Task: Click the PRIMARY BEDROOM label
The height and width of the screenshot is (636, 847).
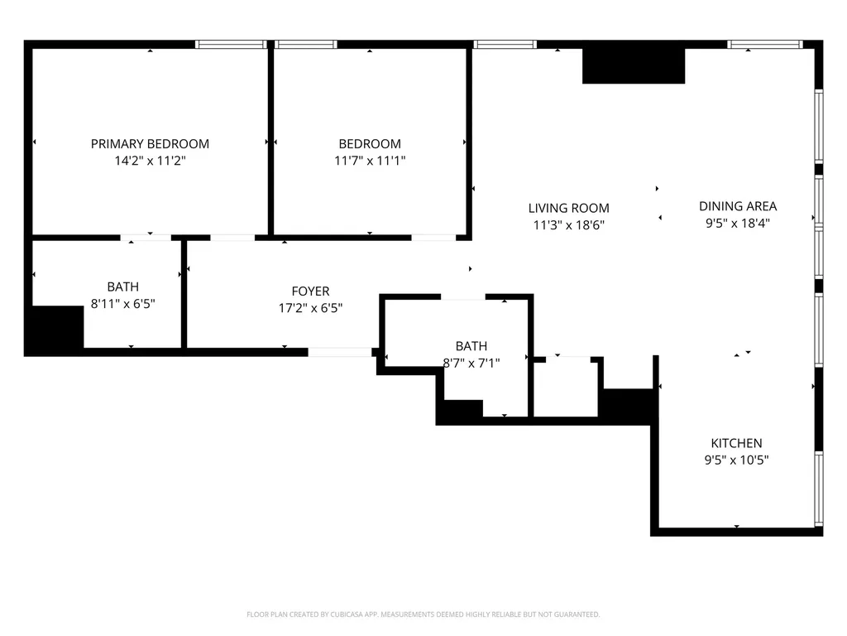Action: [150, 144]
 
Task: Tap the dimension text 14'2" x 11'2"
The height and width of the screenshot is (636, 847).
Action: [150, 161]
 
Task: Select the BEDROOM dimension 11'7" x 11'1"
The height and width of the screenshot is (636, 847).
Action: [370, 161]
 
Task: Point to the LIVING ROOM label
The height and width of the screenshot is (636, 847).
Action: [568, 208]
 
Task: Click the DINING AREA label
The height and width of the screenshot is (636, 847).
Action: [737, 206]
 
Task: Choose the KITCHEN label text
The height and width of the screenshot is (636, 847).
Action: [736, 443]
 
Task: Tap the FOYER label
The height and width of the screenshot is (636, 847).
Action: [310, 291]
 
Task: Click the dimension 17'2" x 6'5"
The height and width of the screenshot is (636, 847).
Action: [310, 308]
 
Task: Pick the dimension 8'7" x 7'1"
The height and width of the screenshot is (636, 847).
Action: [471, 363]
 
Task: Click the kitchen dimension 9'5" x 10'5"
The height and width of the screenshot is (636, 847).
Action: [736, 460]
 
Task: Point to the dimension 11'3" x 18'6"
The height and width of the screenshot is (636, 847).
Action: [568, 225]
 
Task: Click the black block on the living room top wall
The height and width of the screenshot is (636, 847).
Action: [634, 66]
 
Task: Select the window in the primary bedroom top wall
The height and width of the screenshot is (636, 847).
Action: [232, 45]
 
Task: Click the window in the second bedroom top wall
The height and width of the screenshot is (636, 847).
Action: [306, 45]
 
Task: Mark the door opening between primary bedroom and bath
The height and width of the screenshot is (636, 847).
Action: [146, 238]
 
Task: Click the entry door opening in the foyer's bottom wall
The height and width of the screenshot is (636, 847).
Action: [340, 353]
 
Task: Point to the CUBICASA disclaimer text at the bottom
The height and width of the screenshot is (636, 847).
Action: [423, 614]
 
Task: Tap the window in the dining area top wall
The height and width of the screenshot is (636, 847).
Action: [764, 45]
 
